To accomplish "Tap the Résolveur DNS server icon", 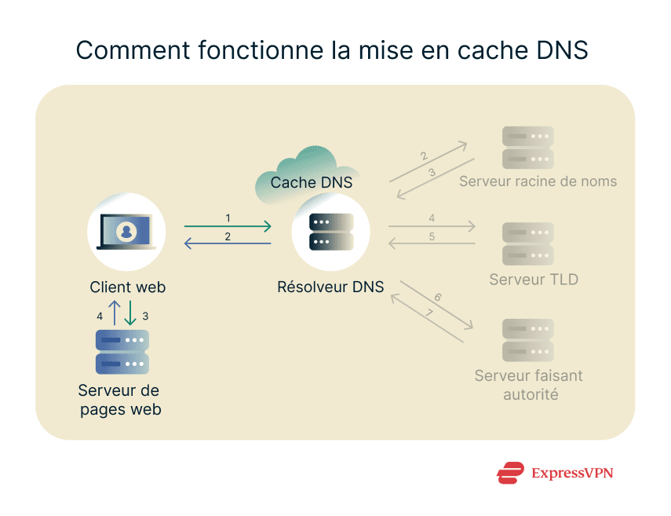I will coord(331,232).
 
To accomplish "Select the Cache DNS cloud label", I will coord(312,182).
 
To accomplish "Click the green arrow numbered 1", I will coord(228,227).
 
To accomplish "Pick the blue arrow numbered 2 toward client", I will coord(228,244).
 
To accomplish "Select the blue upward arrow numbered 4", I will coord(115,313).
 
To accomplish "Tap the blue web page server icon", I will coord(122,352).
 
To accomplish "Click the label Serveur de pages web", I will coord(119,400).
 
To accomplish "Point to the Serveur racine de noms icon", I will coord(528,147).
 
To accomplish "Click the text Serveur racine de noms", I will coord(538,181).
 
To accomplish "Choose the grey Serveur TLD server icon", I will coord(528,243).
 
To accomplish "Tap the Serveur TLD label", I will coord(534,280).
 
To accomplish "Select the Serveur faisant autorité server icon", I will coord(528,339).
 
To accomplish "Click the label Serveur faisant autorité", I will coord(529,385).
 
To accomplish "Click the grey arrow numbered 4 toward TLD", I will coord(432,227).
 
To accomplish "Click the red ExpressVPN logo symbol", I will coord(510,473).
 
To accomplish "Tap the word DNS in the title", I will coord(559,49).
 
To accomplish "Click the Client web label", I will coord(128,287).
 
